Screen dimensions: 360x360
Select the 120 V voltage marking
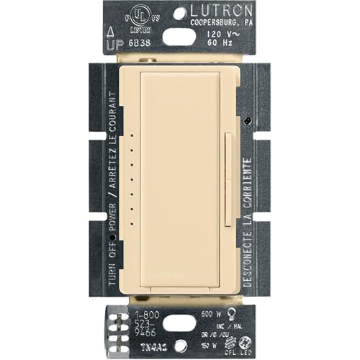[x=218, y=33]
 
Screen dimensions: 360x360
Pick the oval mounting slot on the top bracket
[x=179, y=37]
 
